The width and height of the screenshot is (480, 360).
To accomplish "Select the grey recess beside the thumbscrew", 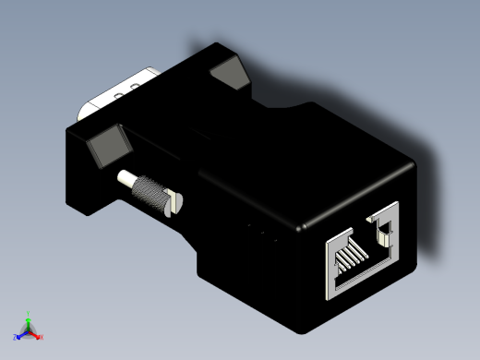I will (x=109, y=147).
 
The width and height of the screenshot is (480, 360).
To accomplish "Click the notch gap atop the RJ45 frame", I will (x=368, y=219).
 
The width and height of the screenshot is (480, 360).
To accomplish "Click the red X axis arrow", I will (x=36, y=335).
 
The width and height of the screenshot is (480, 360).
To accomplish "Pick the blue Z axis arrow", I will (x=21, y=335).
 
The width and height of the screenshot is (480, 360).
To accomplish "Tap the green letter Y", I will (x=29, y=313).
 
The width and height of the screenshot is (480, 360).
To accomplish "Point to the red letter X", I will (x=42, y=338).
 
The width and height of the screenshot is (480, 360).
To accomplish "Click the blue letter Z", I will (x=16, y=338).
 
